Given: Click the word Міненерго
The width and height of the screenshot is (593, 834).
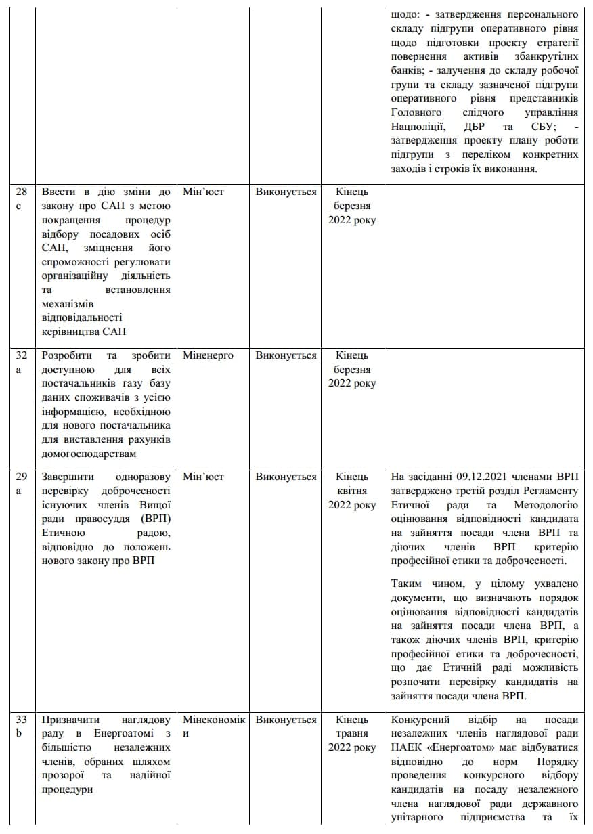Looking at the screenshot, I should point(208,355).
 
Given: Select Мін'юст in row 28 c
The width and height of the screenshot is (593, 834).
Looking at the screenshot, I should point(203,192).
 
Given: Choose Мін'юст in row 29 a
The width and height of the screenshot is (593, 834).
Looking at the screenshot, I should point(203,477).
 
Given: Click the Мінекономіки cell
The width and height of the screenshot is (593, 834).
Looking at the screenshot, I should point(213,726).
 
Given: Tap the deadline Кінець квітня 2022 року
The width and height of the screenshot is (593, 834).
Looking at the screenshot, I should point(352,491).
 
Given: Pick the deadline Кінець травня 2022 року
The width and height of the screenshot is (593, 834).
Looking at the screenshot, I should point(352,733).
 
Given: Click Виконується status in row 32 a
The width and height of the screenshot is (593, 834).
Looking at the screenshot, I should point(286,355).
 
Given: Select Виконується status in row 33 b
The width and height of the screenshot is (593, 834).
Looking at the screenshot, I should point(286,720).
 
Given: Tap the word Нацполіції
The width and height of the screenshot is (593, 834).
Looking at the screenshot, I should point(418,126).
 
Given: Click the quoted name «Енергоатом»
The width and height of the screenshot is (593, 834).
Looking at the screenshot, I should point(462,747).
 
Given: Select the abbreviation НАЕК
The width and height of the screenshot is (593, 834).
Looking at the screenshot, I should point(408,747).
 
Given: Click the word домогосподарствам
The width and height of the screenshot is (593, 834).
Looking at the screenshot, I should point(89,453).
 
